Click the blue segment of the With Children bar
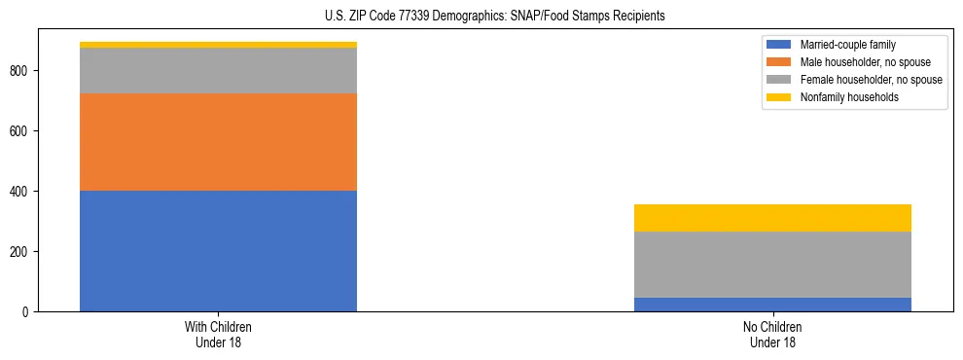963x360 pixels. click(218, 251)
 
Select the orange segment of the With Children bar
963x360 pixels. click(218, 142)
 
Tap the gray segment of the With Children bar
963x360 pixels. click(218, 71)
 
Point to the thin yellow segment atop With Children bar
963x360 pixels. click(218, 45)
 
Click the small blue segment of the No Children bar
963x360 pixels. click(772, 305)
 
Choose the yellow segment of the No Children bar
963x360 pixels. click(772, 218)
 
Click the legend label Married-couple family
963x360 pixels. click(847, 45)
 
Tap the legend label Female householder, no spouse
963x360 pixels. click(871, 80)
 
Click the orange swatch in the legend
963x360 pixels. click(779, 62)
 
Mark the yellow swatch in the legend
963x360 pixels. click(779, 97)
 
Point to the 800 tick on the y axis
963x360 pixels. click(21, 71)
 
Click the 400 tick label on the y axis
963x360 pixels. click(21, 192)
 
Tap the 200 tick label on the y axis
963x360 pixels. click(21, 252)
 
